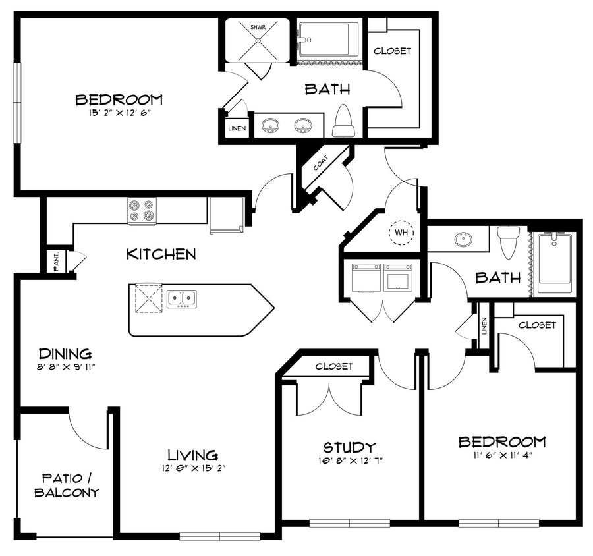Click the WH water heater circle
pyautogui.click(x=400, y=232)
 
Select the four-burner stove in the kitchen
pyautogui.click(x=142, y=211)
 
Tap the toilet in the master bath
pyautogui.click(x=343, y=121)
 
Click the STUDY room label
pyautogui.click(x=350, y=448)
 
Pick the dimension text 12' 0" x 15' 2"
pyautogui.click(x=192, y=469)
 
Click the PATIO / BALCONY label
pyautogui.click(x=67, y=485)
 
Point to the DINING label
pyautogui.click(x=64, y=354)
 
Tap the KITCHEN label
pyautogui.click(x=161, y=254)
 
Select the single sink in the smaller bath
pyautogui.click(x=463, y=239)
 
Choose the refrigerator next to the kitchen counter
pyautogui.click(x=226, y=214)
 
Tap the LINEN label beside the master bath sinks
pyautogui.click(x=237, y=128)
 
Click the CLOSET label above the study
pyautogui.click(x=334, y=366)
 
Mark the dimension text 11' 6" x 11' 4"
pyautogui.click(x=501, y=456)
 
